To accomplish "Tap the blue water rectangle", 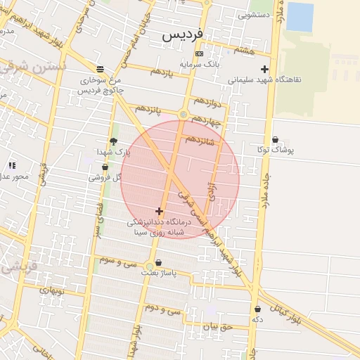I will [x=300, y=17].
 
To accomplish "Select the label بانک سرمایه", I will [x=200, y=64].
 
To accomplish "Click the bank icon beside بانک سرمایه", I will [x=200, y=53].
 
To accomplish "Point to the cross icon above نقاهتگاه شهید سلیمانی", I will [x=264, y=69].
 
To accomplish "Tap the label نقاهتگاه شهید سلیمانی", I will [x=264, y=79].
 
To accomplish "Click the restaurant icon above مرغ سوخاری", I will [x=100, y=69].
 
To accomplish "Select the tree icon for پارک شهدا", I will [x=113, y=141].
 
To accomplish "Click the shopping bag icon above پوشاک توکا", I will [x=275, y=140].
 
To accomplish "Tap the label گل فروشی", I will [x=104, y=178].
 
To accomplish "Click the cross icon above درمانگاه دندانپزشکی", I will [x=160, y=211].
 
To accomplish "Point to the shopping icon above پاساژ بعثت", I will [x=158, y=262].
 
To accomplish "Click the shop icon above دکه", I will [x=257, y=309].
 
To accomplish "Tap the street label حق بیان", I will [x=217, y=326].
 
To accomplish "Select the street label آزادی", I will [x=212, y=188].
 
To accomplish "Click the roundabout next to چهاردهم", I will [x=184, y=114].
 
